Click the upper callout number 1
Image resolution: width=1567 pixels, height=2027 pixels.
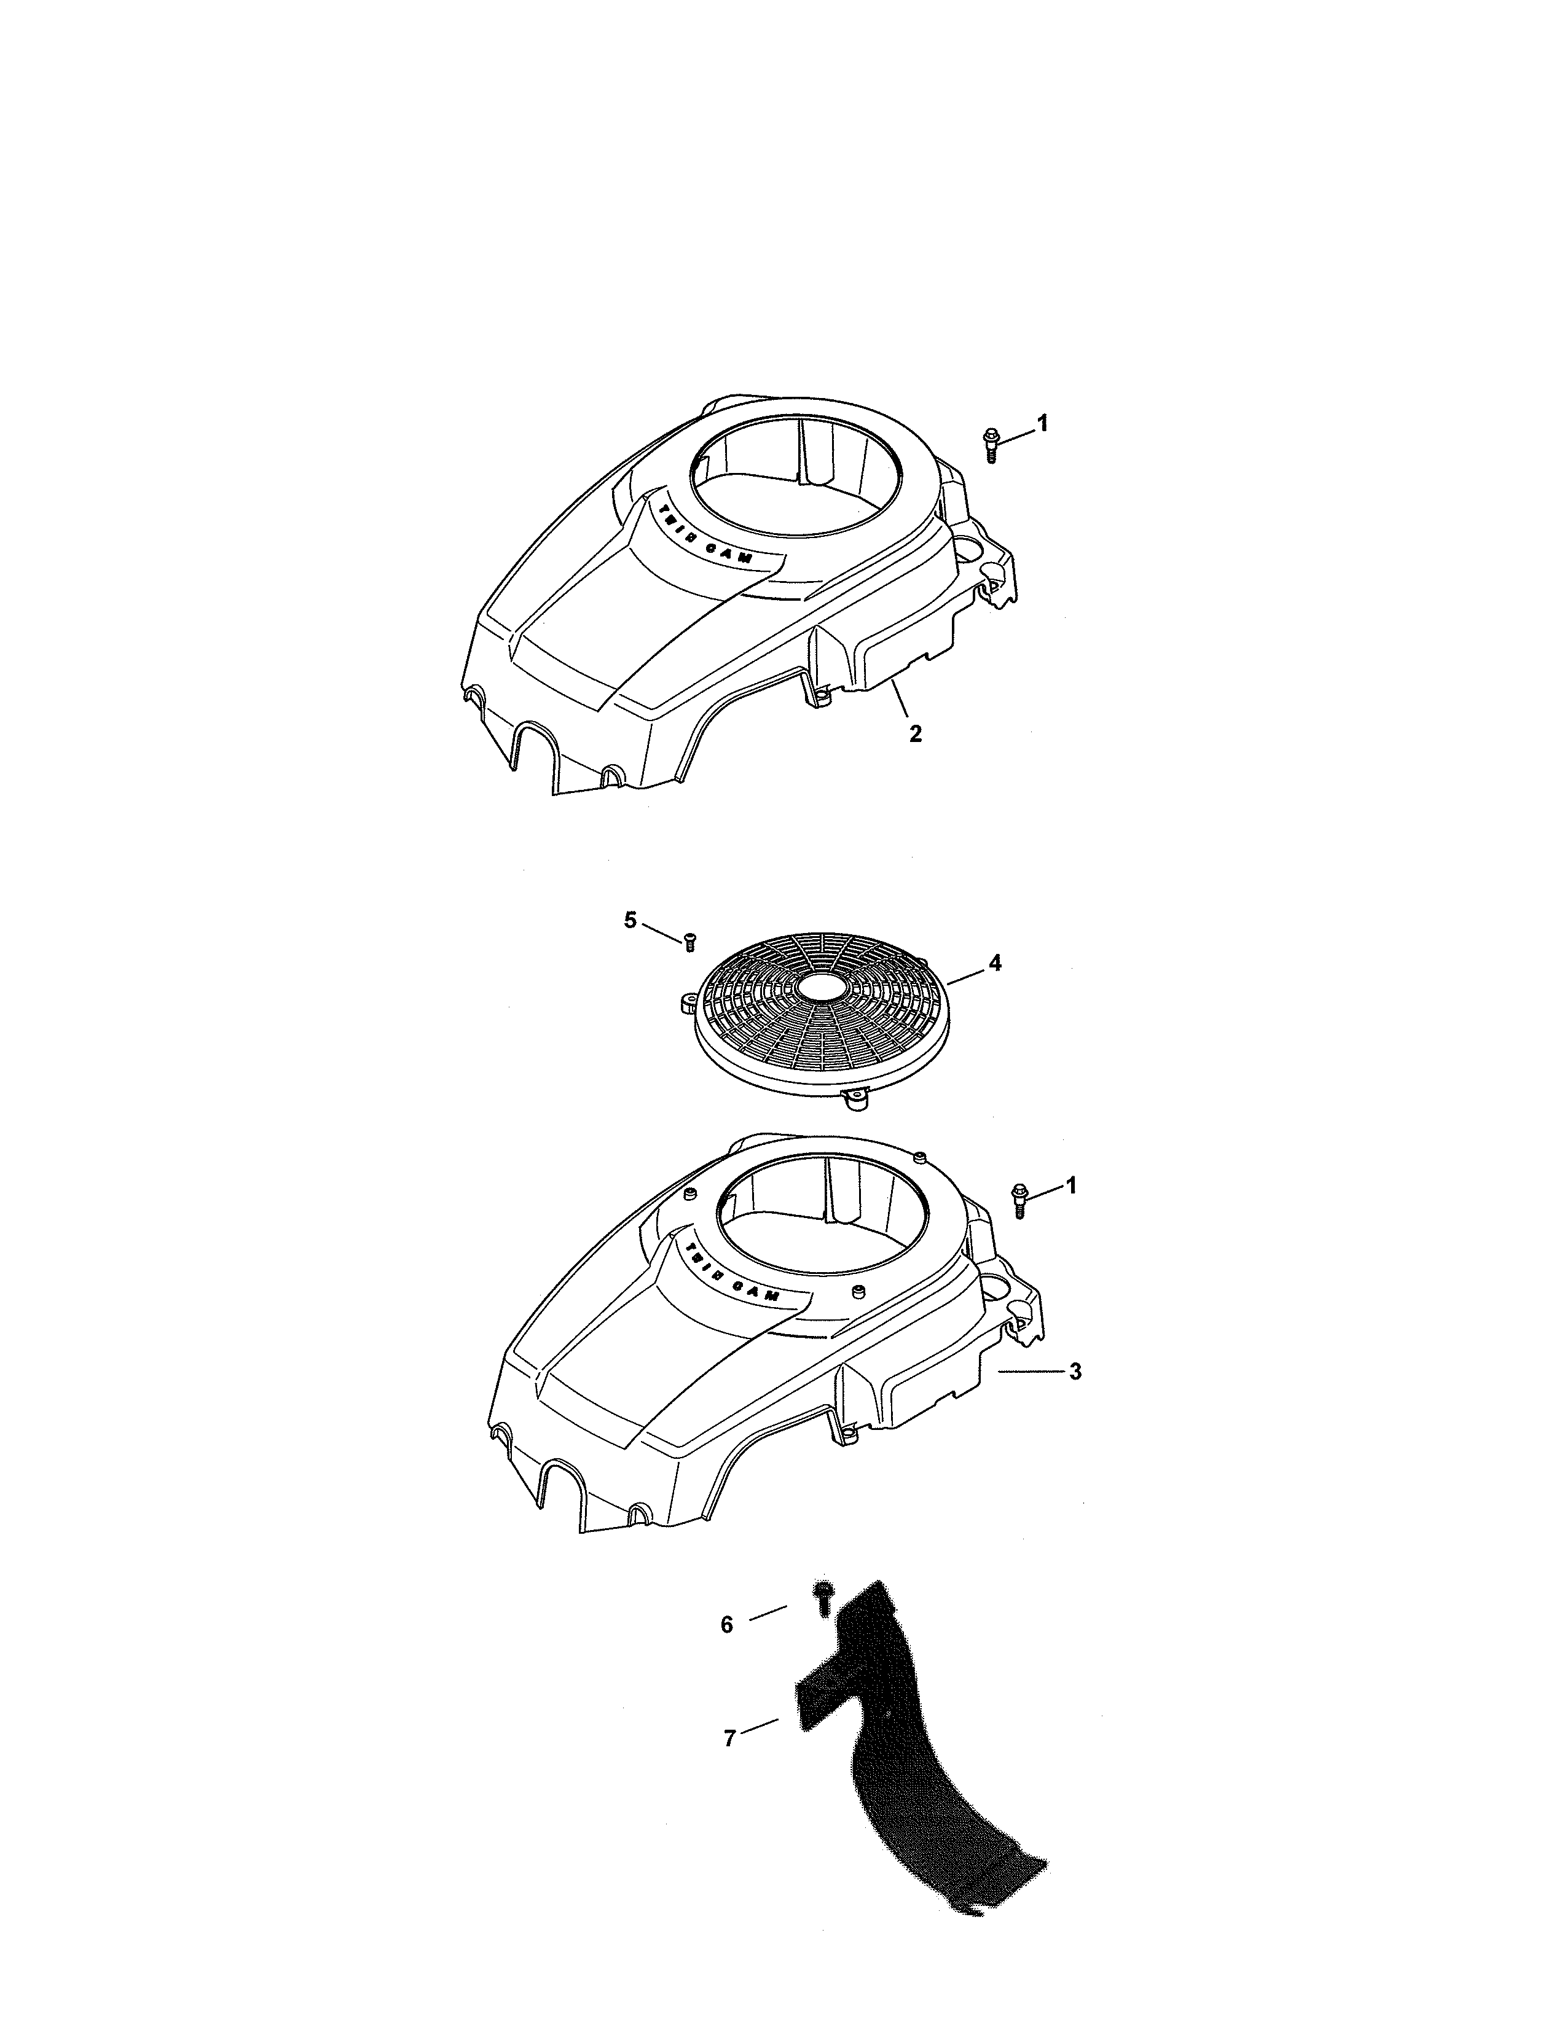click(x=1042, y=423)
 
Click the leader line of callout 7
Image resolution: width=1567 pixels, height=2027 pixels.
click(x=761, y=1726)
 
